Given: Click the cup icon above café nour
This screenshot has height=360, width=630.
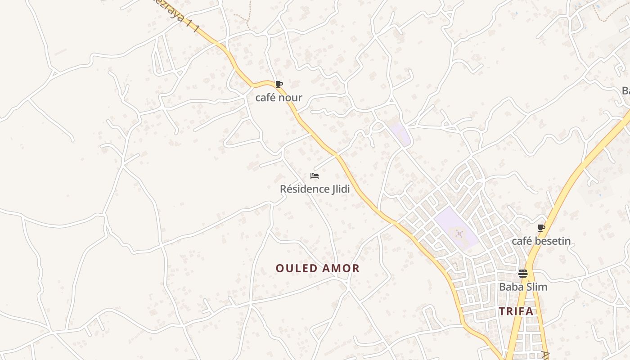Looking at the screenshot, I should point(279,84).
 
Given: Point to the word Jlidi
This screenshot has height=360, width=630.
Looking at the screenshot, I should point(340,189).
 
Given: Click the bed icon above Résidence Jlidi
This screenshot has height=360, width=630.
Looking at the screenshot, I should point(315,175).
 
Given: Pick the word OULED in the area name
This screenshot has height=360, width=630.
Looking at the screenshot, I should point(295,269).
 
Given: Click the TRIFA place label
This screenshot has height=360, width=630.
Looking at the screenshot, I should point(516,311).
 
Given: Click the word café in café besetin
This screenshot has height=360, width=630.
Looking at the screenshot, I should point(522,241).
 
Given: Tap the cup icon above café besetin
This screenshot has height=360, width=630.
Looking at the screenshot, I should point(541,228).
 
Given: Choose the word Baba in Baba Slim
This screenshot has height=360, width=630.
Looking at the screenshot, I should point(510,287).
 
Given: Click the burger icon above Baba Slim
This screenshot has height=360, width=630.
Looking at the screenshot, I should point(522,274).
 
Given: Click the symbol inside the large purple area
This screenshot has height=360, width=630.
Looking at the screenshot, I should point(459,234).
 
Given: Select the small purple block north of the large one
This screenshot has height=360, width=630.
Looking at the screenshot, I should point(400,133).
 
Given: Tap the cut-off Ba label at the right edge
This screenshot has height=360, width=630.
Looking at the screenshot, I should point(625,91).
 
